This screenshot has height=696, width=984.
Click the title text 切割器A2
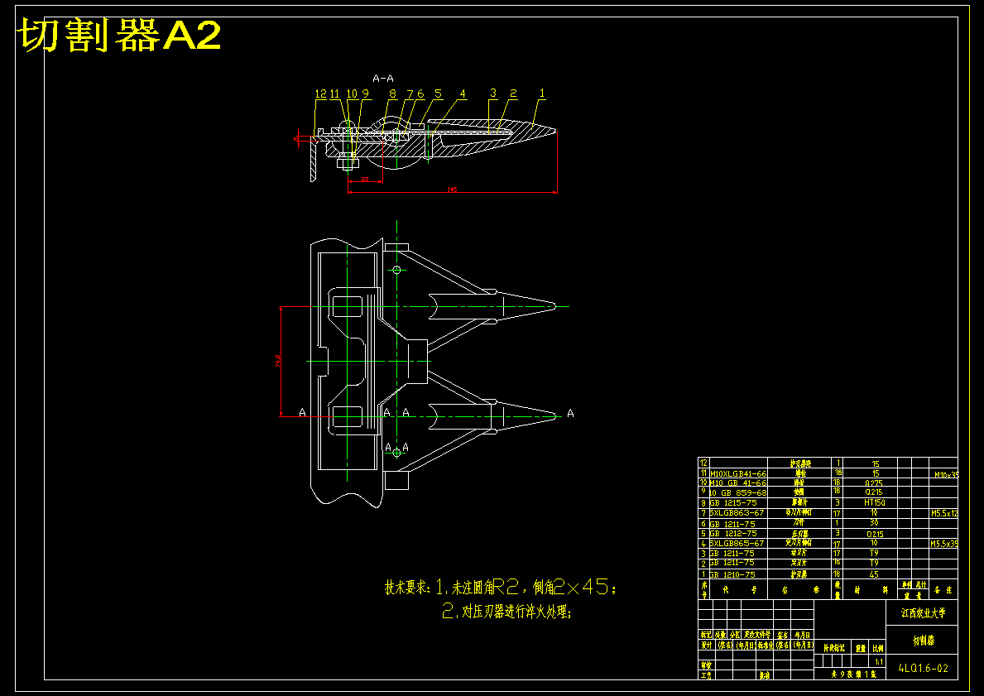pyautogui.click(x=119, y=36)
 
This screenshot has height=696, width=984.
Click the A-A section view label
pyautogui.click(x=383, y=78)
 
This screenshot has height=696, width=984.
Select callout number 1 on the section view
pyautogui.click(x=542, y=94)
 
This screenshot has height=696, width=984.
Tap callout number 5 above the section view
pyautogui.click(x=438, y=94)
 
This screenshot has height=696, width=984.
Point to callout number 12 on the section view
pyautogui.click(x=321, y=94)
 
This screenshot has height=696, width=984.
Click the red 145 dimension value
pyautogui.click(x=452, y=190)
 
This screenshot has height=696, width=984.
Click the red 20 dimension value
pyautogui.click(x=364, y=179)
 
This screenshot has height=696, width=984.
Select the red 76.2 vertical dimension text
pyautogui.click(x=277, y=361)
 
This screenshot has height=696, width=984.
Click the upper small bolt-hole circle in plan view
pyautogui.click(x=397, y=270)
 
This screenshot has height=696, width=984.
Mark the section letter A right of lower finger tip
pyautogui.click(x=570, y=413)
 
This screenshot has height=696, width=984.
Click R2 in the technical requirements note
pyautogui.click(x=506, y=588)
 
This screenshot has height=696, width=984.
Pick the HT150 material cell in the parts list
pyautogui.click(x=875, y=503)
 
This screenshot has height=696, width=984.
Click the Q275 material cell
pyautogui.click(x=875, y=482)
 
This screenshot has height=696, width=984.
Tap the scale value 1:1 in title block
pyautogui.click(x=878, y=662)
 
